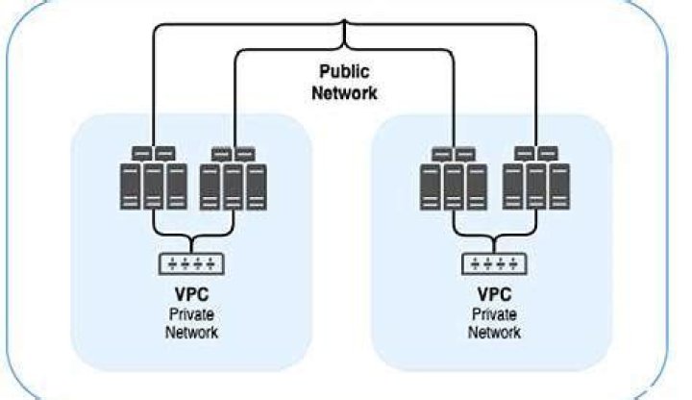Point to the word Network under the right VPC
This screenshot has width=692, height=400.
(x=494, y=332)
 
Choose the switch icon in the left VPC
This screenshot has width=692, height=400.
(x=191, y=262)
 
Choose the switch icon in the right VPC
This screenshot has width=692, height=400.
(x=494, y=262)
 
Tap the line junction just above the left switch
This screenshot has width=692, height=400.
(x=191, y=239)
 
